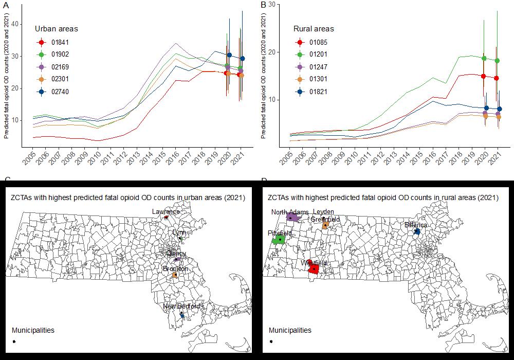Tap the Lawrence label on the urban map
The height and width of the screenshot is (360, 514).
[x=166, y=211]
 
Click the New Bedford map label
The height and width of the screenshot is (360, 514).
[x=181, y=307]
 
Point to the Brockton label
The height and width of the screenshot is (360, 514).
[x=175, y=269]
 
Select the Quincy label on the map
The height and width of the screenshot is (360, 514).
[x=176, y=253]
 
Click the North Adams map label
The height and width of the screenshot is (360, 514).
[x=290, y=212]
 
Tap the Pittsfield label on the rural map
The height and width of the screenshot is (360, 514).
[x=280, y=233]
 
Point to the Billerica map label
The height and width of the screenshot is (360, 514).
[x=415, y=225]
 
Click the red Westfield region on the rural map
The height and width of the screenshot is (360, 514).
[x=314, y=269]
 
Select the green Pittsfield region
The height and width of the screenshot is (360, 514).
[x=279, y=240]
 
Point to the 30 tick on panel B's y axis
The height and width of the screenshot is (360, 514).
[x=271, y=4]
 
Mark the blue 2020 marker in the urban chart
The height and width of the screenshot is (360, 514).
[x=229, y=55]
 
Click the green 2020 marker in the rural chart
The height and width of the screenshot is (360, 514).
[x=484, y=58]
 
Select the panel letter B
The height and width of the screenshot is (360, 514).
[x=263, y=5]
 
